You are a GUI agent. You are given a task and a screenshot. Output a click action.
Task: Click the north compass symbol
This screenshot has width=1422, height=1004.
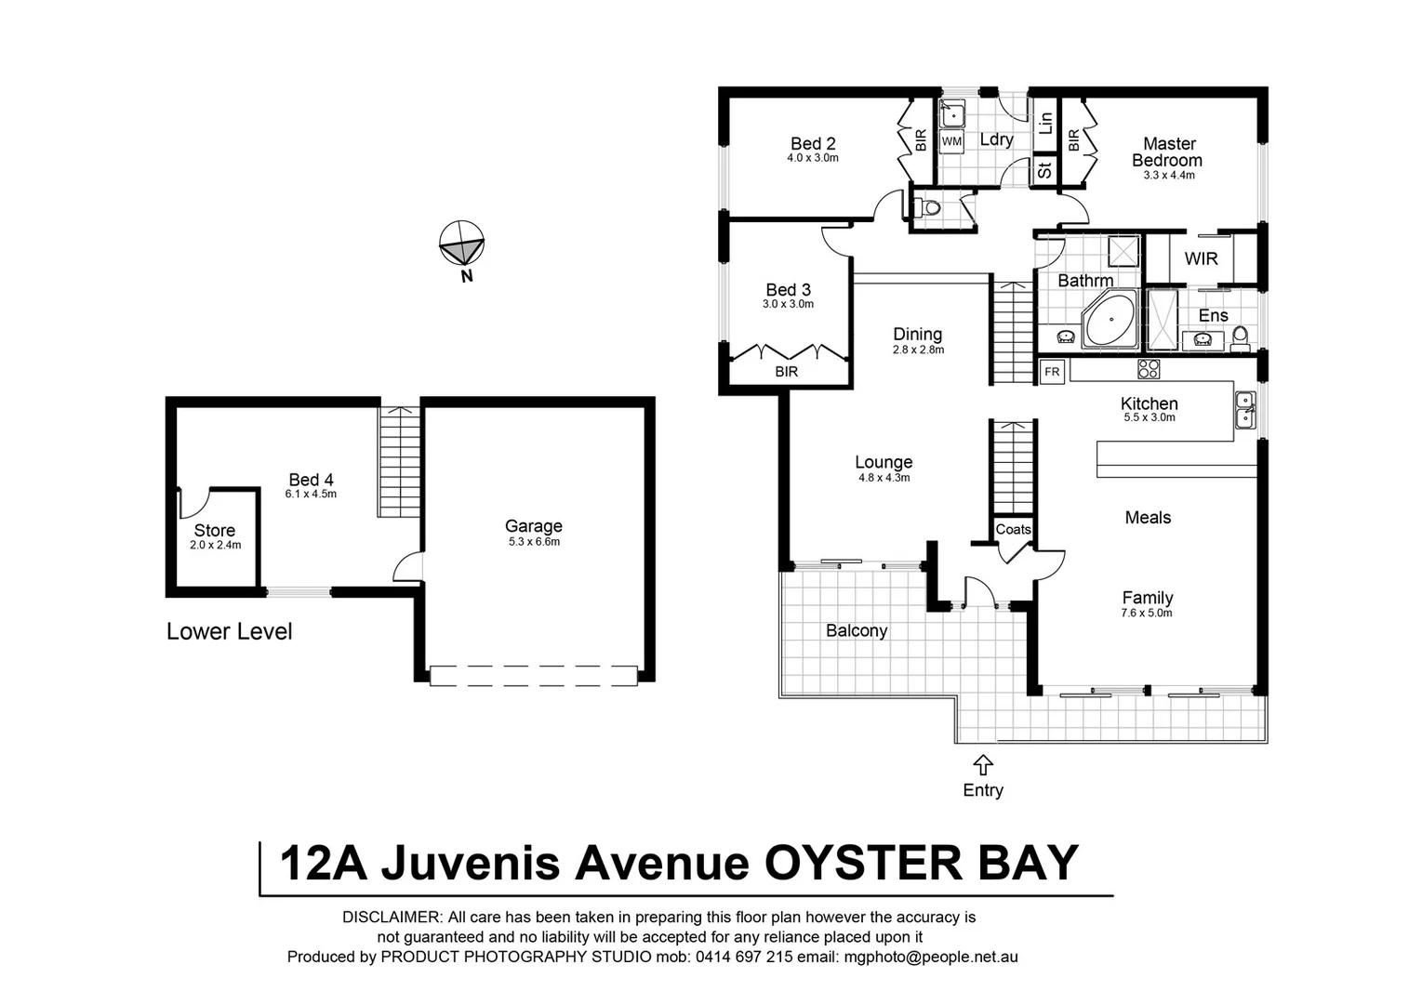[461, 244]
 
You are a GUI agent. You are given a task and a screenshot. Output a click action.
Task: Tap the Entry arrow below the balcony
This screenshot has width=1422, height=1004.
[983, 765]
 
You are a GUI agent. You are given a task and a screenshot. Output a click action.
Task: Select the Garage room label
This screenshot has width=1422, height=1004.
[533, 526]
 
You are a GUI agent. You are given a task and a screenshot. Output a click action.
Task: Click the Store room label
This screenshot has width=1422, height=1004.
[214, 531]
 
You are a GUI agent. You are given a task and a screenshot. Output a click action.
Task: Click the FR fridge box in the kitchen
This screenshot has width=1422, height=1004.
[1052, 372]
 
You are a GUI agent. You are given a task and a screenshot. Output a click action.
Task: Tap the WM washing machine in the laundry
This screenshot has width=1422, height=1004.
[951, 141]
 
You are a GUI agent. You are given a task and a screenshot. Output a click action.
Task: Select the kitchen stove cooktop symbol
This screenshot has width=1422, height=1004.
[1149, 369]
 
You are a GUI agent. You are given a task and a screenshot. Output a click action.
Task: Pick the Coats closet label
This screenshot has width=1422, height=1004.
[1013, 530]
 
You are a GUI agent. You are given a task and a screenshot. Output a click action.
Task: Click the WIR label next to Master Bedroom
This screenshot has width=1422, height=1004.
[1201, 258]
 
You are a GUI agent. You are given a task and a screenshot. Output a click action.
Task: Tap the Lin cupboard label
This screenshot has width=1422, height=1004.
[1045, 121]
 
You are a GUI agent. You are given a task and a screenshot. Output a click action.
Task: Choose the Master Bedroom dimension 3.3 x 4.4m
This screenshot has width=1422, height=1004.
[1168, 175]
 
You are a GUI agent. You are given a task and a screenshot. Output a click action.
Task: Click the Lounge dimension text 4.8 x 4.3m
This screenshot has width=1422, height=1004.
[884, 478]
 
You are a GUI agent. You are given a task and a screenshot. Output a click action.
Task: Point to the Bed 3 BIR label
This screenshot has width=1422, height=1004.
[786, 372]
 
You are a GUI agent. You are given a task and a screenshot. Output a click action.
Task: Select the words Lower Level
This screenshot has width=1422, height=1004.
[229, 632]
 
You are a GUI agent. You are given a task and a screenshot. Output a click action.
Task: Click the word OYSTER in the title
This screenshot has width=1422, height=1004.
[853, 863]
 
